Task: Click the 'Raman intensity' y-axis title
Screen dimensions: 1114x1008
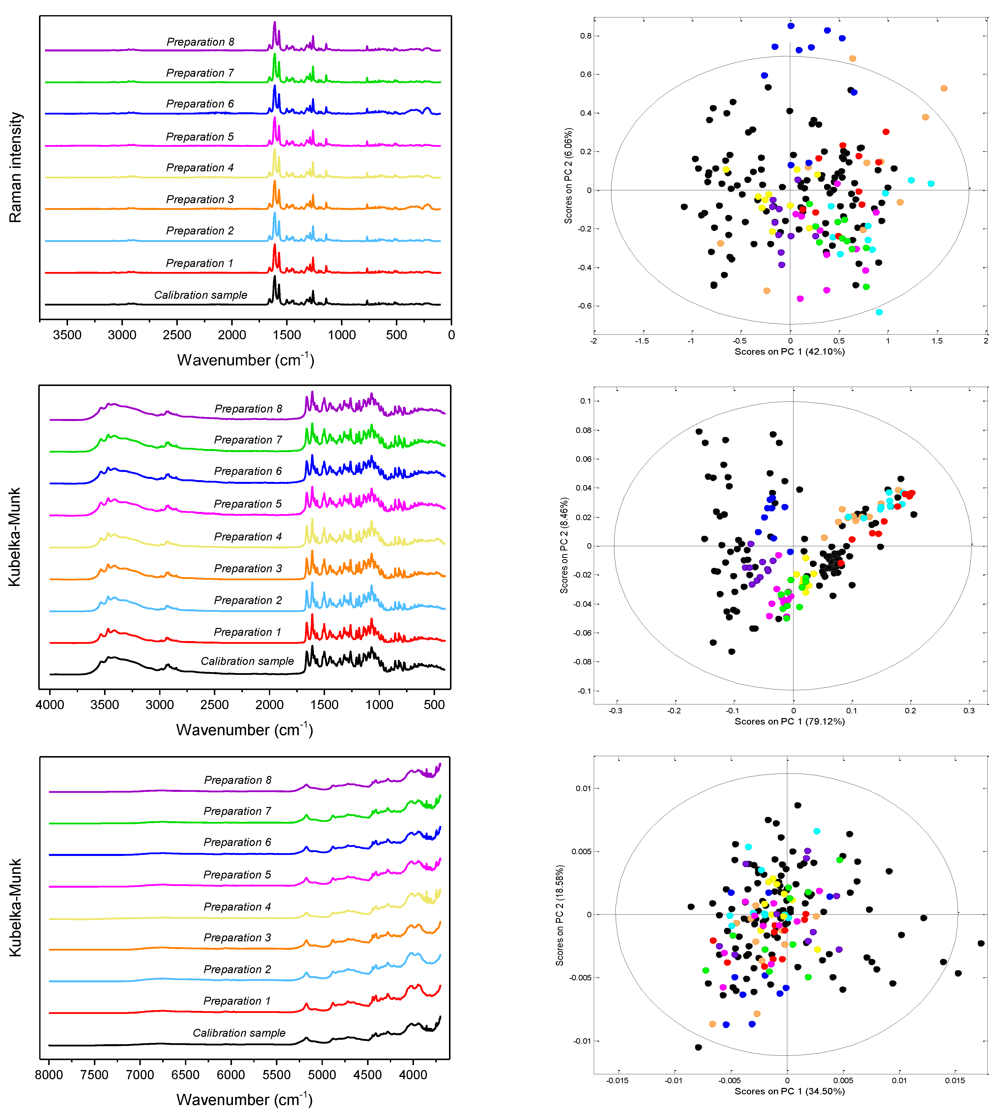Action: (x=15, y=167)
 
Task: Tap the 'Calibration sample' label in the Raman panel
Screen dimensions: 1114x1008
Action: (x=200, y=295)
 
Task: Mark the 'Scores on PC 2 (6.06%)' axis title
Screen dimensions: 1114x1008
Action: (x=568, y=176)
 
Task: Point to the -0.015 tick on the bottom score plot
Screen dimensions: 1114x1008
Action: (x=617, y=1080)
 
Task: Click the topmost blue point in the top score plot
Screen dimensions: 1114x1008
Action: (x=791, y=26)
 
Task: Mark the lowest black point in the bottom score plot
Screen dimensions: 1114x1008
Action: (x=698, y=1047)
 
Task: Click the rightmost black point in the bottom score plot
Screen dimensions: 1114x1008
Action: (x=981, y=943)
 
